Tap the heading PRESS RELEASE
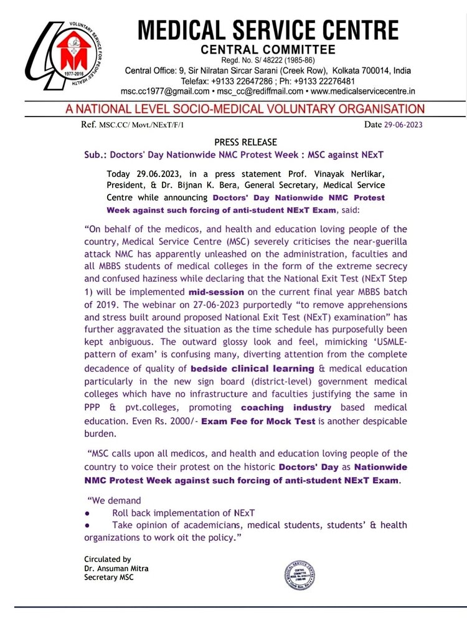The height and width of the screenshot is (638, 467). tap(245, 142)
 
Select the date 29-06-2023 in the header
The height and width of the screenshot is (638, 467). tap(403, 125)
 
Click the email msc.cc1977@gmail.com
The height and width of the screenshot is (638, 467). tap(160, 91)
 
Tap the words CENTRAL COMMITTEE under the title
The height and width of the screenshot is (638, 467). tap(268, 49)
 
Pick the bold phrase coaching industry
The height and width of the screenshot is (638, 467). tap(286, 407)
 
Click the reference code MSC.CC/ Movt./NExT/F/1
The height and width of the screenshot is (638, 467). tap(141, 125)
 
